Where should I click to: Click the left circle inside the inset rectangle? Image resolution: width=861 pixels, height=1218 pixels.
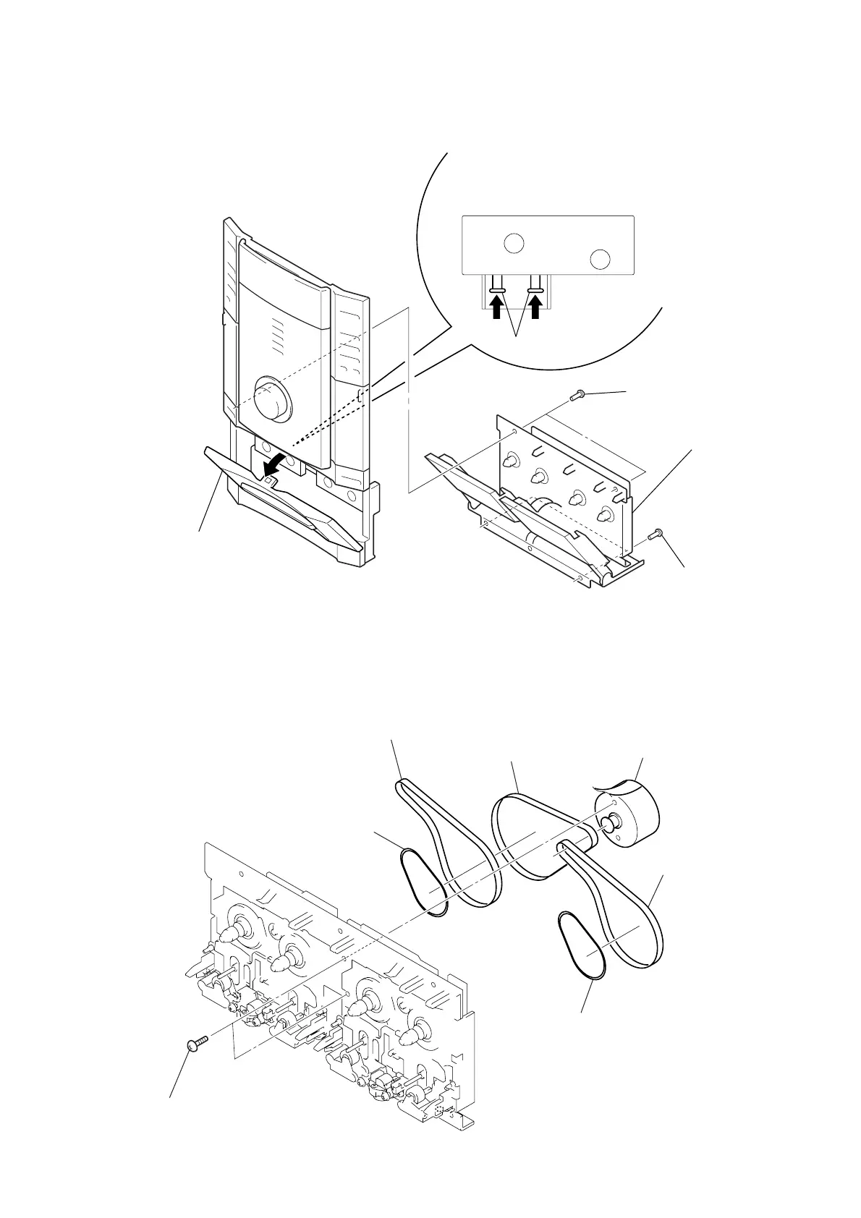(x=513, y=243)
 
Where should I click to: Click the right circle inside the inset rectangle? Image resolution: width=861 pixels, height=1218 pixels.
(x=600, y=258)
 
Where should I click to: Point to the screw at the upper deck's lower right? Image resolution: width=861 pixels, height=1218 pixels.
(x=656, y=535)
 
